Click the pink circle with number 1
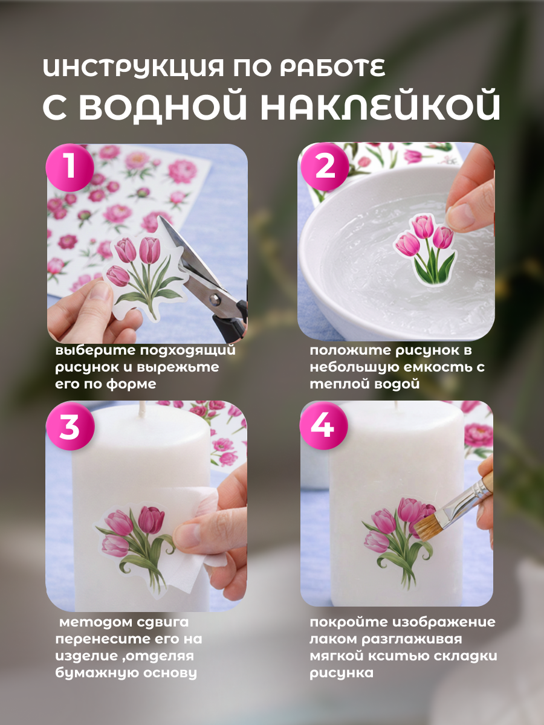[70, 167]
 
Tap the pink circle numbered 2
[325, 167]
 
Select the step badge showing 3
[70, 426]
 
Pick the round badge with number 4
[324, 425]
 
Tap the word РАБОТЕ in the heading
[333, 68]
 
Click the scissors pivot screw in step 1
[215, 299]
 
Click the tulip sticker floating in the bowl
[425, 250]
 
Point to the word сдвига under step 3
[163, 622]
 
